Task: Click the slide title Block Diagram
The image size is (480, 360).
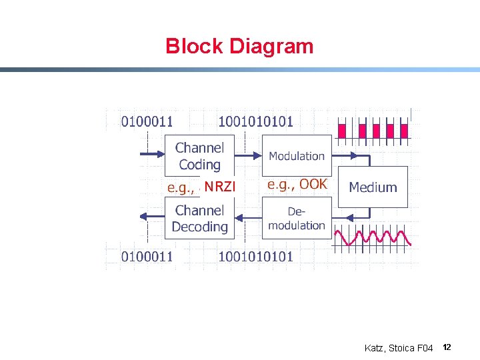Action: point(239,46)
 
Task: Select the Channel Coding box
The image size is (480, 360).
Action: point(199,156)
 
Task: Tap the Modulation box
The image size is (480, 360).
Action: point(297,156)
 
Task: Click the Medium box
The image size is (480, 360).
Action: point(373,187)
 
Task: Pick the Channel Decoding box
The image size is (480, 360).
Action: point(199,219)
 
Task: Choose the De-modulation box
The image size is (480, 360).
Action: point(297,219)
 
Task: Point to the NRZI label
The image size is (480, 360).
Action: point(220,187)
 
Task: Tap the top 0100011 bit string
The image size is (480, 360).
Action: point(147,121)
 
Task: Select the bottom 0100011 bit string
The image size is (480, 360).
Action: point(147,255)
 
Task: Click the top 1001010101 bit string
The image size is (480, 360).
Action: point(256,121)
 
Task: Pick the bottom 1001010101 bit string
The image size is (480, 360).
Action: point(256,255)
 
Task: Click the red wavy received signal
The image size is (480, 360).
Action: point(373,237)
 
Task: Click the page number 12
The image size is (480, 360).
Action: point(447,347)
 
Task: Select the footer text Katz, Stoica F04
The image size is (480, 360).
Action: point(399,348)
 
